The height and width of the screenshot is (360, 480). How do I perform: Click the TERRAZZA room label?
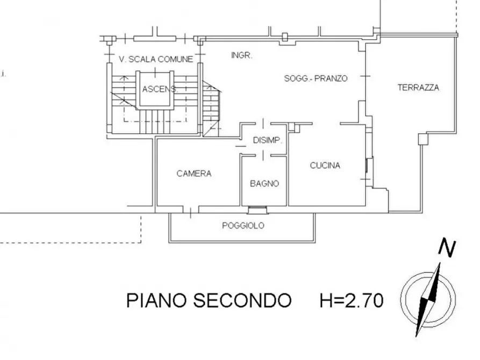418,88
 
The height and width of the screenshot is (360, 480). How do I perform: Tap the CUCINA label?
325,165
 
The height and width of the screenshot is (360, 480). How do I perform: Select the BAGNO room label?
264,183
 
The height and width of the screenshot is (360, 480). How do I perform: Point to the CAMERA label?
194,174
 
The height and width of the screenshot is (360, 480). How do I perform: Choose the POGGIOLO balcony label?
243,226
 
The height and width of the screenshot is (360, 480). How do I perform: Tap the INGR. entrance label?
241,55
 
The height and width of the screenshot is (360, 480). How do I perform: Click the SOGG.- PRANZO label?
316,78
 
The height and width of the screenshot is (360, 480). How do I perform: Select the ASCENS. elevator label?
160,89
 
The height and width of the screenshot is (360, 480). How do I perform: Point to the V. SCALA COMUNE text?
155,60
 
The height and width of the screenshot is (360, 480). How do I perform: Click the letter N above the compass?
447,248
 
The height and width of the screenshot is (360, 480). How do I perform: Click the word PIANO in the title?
156,301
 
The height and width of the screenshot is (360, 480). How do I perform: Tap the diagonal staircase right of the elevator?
212,107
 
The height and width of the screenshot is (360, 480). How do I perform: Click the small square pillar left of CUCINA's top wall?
293,127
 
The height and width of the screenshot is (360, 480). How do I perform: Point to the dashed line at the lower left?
70,242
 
